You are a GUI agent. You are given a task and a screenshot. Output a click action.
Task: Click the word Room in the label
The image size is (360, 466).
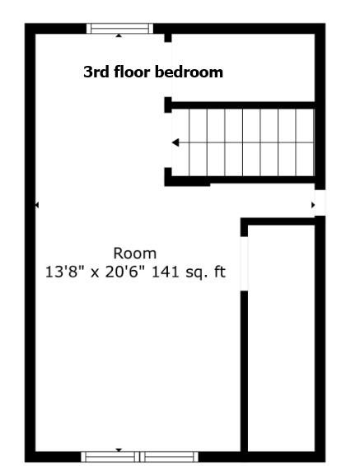pos(134,254)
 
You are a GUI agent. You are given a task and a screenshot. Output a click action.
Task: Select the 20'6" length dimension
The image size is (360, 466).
pos(122,272)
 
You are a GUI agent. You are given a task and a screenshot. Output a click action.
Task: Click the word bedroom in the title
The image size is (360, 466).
pos(189,72)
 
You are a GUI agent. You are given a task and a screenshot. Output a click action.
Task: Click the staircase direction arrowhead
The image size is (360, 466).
pos(175,142)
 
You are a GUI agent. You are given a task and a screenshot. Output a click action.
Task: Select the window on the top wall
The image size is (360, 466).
pos(119,29)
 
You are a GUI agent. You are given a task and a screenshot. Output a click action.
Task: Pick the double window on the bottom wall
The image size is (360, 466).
pos(140,457)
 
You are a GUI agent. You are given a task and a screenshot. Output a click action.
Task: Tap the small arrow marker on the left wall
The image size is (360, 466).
pos(37,205)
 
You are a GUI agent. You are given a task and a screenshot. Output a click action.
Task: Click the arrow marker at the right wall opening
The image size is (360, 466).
pos(313,205)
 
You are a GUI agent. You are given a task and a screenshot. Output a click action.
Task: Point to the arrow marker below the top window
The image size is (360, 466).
pos(119,35)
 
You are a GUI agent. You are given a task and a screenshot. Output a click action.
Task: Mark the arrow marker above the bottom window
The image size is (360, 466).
pos(119,450)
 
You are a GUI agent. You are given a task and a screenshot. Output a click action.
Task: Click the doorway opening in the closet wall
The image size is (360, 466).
pos(244,263)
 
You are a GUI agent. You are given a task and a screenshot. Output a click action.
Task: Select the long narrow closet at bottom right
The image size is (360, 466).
pos(281,338)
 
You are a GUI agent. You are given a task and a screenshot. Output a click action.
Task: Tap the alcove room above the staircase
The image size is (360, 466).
pos(243,68)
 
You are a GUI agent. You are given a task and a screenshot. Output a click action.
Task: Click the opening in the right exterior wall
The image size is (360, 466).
pos(320,203)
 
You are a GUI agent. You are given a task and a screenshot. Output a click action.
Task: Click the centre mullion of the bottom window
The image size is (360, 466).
pos(139,457)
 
